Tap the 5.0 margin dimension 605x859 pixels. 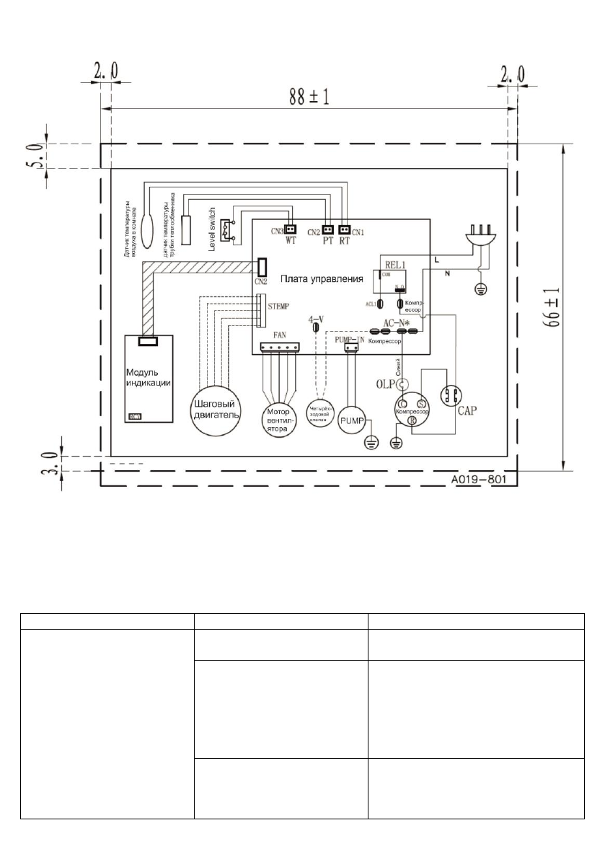click(x=30, y=156)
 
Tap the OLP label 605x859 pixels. click(x=387, y=384)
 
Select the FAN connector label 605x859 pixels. click(x=280, y=335)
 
